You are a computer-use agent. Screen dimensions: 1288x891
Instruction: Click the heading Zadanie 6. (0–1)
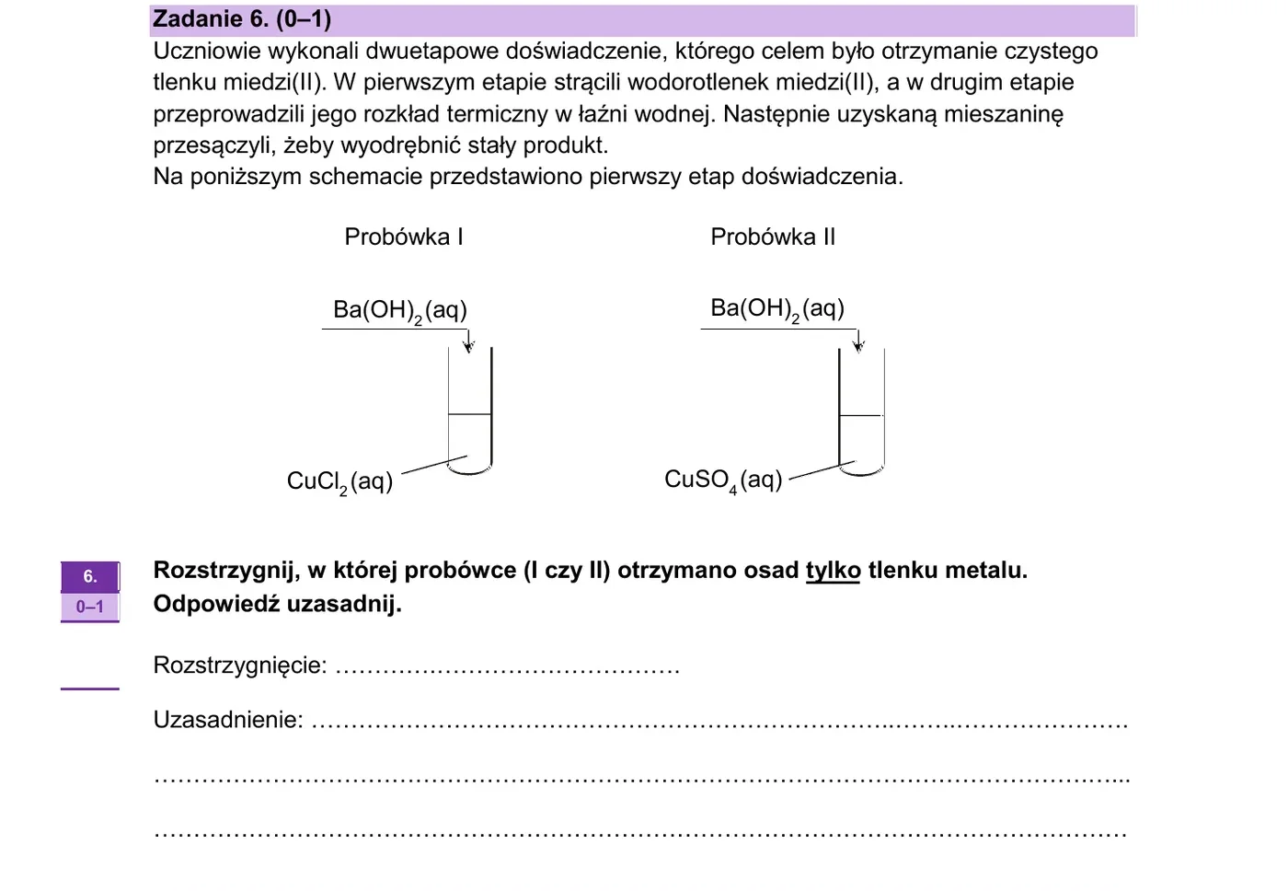241,19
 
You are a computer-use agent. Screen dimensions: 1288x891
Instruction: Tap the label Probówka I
404,237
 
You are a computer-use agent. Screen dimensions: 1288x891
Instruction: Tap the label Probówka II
773,237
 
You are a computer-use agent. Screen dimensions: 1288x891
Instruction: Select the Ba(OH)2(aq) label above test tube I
400,311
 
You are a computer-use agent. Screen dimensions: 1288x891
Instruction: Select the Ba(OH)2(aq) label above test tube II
777,309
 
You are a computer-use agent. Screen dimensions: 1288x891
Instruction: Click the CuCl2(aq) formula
339,482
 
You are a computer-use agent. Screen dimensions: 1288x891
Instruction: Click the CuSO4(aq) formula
723,480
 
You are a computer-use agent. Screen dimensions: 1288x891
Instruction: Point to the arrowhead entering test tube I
468,346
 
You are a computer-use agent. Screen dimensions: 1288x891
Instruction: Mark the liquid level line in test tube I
470,413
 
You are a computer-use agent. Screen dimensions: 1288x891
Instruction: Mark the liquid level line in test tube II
861,415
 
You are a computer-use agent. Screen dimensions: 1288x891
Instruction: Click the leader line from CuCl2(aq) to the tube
434,465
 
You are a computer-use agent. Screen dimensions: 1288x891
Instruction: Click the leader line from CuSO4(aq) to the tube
822,470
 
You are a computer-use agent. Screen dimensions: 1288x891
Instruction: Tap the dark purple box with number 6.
90,576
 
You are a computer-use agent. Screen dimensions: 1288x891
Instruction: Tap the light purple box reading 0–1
90,607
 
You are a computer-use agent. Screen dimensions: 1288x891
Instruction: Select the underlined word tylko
834,571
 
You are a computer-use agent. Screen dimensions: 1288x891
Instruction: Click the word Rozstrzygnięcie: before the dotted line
240,665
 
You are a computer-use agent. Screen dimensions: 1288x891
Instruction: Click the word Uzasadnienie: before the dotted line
228,720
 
